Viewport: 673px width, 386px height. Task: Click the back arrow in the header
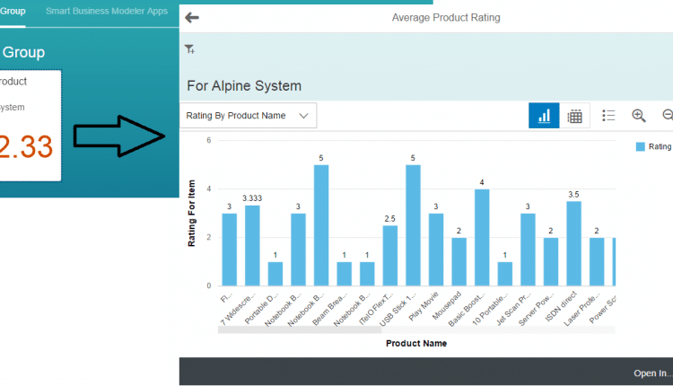191,17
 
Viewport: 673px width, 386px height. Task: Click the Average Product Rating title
446,17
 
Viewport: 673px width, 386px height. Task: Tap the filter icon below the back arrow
189,49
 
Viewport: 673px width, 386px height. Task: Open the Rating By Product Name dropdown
249,116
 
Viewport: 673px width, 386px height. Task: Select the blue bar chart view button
544,116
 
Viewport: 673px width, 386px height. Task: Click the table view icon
575,116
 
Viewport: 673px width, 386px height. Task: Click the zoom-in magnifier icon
639,116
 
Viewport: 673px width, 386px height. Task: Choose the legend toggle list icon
608,116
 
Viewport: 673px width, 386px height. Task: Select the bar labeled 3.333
252,246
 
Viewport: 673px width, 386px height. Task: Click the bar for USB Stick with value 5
413,225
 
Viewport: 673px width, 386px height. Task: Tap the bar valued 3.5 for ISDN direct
573,243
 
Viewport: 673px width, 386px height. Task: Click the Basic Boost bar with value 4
482,238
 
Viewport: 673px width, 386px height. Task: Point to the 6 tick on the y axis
208,140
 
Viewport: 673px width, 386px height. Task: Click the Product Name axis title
416,343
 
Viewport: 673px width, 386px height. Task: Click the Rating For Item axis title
191,213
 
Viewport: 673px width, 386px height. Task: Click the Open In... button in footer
651,373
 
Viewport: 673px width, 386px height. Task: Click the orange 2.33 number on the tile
26,145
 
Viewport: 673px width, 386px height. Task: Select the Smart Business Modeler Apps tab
107,11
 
